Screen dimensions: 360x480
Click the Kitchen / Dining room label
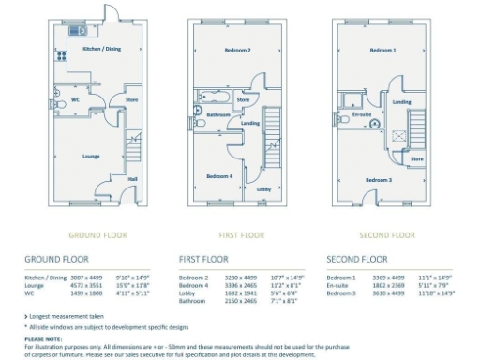(101, 49)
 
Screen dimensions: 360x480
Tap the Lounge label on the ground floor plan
(91, 156)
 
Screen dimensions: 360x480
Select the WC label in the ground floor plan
(74, 97)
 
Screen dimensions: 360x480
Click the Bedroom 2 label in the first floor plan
(236, 50)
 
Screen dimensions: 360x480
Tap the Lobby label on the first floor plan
(263, 188)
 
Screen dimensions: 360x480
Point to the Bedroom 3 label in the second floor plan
(378, 179)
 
